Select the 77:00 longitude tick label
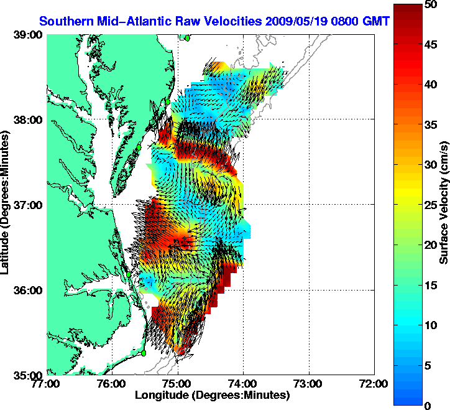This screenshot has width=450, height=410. pos(47,384)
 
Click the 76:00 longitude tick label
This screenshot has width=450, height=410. pos(112,384)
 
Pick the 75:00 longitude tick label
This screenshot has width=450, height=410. pos(178,384)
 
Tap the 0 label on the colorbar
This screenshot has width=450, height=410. pos(433,406)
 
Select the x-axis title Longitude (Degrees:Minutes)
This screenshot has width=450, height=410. pos(211,395)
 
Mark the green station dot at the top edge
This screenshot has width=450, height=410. pos(186,37)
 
